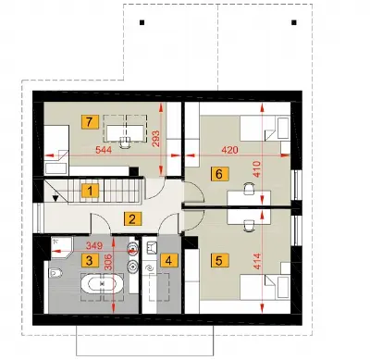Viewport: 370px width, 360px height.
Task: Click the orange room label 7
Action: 89,122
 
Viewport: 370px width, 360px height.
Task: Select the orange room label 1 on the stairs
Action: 90,191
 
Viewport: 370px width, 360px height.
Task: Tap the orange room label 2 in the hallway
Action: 132,219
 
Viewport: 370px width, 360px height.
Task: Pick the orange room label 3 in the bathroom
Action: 90,261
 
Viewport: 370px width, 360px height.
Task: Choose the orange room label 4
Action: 168,261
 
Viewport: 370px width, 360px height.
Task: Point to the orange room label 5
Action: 219,260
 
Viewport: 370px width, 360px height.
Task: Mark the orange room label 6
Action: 219,174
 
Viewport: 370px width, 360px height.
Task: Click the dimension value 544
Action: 104,151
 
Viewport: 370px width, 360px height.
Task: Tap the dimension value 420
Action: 230,150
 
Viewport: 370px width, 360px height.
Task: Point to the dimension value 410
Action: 257,169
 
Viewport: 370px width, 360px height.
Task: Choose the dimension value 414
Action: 257,261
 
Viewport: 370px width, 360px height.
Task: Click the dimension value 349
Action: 94,246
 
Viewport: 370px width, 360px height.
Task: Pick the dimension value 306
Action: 107,263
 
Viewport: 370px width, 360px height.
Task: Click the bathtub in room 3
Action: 102,284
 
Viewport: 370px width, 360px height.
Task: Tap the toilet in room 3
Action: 55,273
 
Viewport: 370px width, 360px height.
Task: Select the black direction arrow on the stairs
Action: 55,198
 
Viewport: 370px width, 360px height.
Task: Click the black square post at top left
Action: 142,22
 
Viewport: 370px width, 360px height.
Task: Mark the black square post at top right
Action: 294,22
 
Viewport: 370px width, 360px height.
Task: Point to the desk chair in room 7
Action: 125,143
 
